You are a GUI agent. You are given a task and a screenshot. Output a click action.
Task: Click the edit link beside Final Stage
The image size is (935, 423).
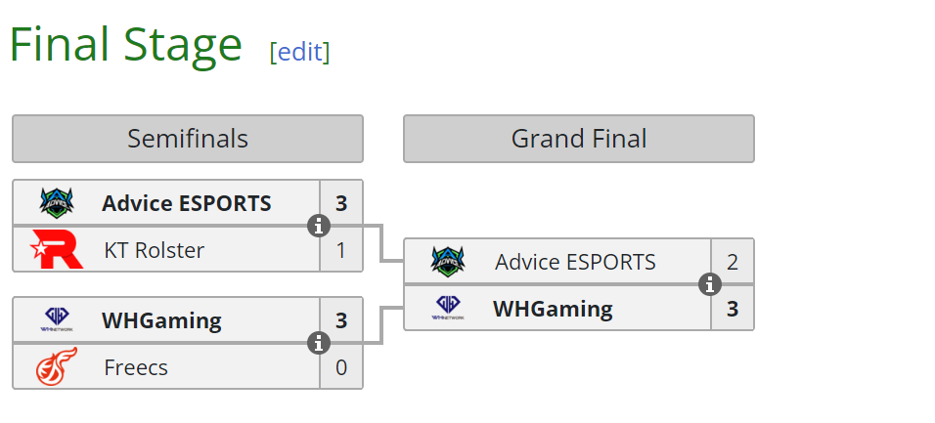coord(299,52)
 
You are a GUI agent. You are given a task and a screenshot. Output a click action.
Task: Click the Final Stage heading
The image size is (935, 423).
coord(125,45)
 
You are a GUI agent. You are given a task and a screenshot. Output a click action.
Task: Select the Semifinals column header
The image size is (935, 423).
coord(187,139)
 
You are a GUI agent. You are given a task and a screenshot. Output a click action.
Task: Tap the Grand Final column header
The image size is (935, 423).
coord(578,139)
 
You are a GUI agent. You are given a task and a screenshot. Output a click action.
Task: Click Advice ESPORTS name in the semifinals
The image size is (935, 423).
coord(186,203)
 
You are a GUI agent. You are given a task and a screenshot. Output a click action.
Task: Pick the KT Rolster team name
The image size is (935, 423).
coord(154,250)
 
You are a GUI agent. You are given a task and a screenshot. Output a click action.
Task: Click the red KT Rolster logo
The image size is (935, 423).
coord(51,249)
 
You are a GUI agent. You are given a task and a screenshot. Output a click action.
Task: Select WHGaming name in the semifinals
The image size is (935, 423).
coord(161,320)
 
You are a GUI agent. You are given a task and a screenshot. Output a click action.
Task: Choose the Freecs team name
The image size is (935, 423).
coord(136,367)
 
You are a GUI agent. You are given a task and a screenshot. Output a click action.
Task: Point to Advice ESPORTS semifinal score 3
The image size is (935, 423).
coord(341,203)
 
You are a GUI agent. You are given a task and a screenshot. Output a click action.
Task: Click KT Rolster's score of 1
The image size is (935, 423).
coord(341,250)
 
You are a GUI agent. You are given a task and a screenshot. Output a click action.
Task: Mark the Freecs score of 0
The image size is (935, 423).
coord(341,367)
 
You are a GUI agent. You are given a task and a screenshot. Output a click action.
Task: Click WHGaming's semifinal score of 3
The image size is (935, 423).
coord(341,320)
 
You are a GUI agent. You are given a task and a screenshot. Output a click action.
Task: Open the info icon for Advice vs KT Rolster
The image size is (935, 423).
coord(318,227)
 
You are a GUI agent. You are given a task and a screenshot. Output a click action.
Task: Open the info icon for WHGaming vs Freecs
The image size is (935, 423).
coord(318,344)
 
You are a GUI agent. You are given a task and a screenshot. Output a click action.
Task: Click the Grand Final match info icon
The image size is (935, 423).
coord(709,285)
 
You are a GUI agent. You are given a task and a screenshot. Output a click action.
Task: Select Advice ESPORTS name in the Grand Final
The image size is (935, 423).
coord(575,262)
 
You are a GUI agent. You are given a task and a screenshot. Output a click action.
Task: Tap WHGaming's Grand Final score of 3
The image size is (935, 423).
coord(733,309)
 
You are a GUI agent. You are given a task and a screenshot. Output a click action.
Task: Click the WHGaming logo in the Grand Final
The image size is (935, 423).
coord(448,309)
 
